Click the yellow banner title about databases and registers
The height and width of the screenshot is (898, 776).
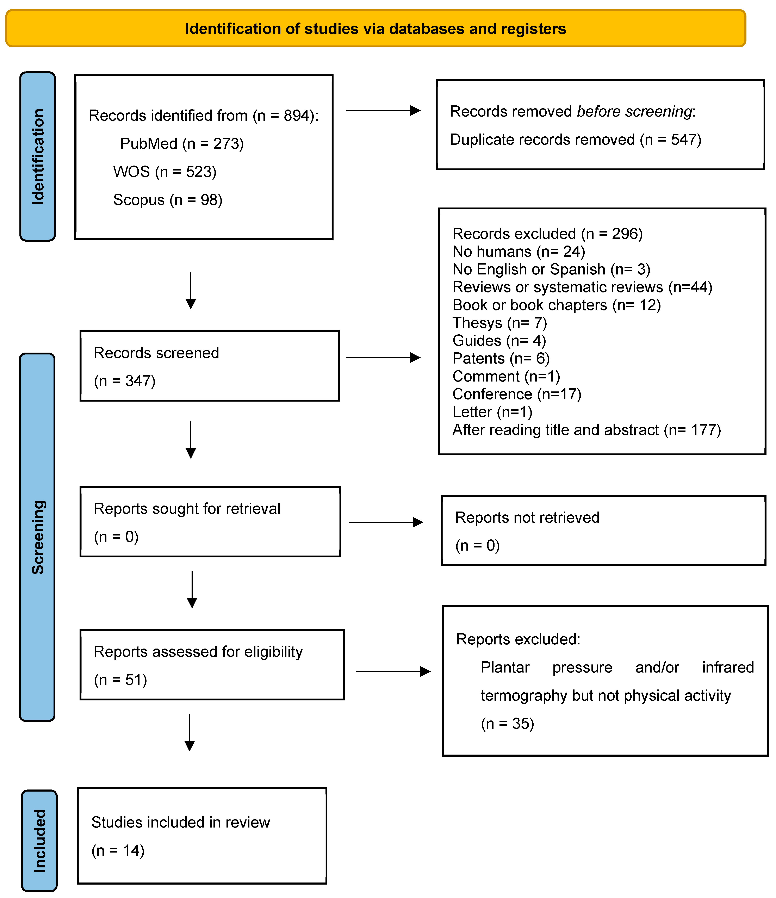(x=375, y=29)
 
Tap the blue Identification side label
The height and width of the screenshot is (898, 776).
(x=38, y=156)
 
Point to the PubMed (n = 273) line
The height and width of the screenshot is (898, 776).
(x=182, y=143)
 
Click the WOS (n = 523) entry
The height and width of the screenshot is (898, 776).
(x=165, y=172)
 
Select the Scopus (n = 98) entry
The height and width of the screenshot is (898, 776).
(x=168, y=200)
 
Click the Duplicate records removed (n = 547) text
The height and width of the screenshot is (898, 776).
(x=575, y=140)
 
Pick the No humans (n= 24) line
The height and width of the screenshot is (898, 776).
(x=519, y=251)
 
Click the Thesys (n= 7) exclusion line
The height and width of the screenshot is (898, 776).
(x=499, y=323)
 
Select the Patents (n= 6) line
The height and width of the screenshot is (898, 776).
(x=501, y=358)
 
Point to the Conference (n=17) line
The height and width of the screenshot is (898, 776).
(x=516, y=394)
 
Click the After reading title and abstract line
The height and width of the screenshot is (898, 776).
(x=586, y=430)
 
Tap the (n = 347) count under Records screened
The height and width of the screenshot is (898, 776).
(x=125, y=381)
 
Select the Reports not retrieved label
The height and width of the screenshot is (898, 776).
(x=527, y=518)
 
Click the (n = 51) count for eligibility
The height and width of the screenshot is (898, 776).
(x=120, y=680)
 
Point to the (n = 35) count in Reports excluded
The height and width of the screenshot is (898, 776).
(x=507, y=723)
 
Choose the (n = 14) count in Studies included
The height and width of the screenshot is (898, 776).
(x=118, y=850)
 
